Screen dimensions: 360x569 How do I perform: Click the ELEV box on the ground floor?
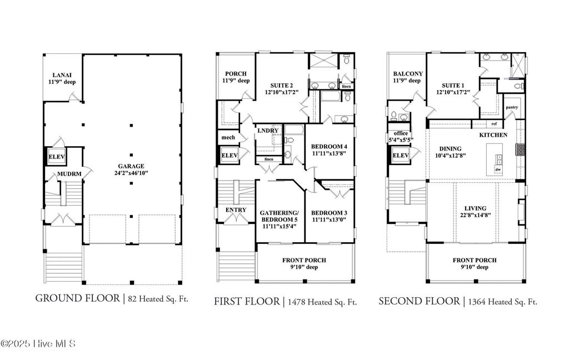pos(57,157)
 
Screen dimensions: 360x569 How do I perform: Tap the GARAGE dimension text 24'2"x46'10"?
pos(131,173)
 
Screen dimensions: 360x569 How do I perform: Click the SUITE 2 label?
pos(278,85)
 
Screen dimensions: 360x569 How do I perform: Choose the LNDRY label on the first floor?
pos(268,131)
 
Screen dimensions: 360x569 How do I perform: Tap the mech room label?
pos(227,138)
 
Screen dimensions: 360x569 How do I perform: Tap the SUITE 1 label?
pos(450,85)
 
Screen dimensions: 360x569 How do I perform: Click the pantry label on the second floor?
pos(511,107)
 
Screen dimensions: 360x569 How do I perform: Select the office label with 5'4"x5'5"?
pos(401,133)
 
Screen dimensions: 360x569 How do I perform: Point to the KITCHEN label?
pos(493,135)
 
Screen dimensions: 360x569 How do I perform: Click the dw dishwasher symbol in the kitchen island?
pos(498,169)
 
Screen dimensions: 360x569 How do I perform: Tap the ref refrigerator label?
pos(493,123)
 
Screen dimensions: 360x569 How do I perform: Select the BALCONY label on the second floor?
pos(408,74)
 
